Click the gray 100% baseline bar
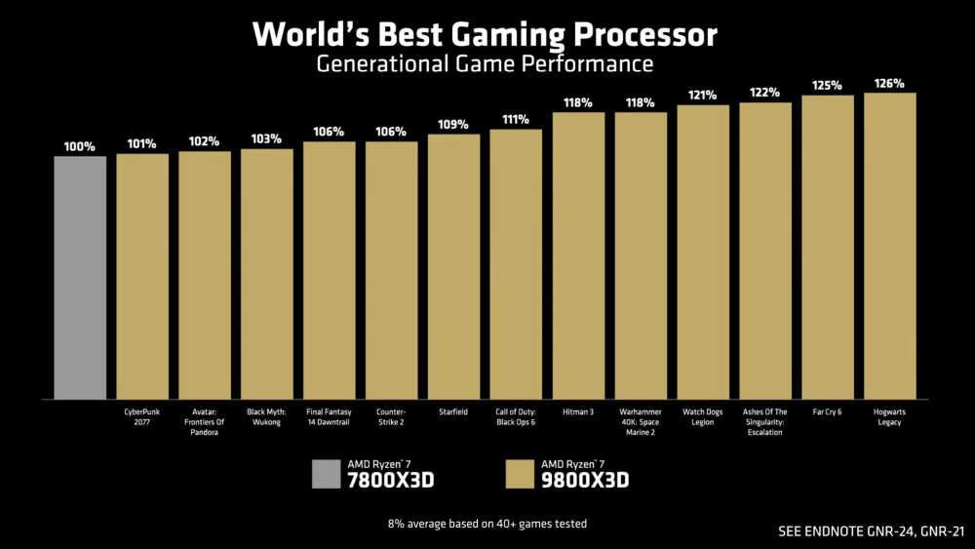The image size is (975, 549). click(x=80, y=277)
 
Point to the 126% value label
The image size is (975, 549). click(x=889, y=84)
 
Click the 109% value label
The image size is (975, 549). click(x=453, y=125)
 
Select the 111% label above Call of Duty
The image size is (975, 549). click(x=516, y=120)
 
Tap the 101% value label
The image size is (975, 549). click(x=142, y=144)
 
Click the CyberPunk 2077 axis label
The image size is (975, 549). click(x=142, y=416)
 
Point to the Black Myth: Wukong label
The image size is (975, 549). click(x=266, y=416)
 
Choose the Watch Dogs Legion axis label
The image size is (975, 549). click(x=703, y=416)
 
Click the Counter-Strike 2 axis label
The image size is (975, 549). click(x=391, y=416)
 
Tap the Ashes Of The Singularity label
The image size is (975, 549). click(x=764, y=421)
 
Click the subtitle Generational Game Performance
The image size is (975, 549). click(x=485, y=64)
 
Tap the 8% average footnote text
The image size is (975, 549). click(x=487, y=524)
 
